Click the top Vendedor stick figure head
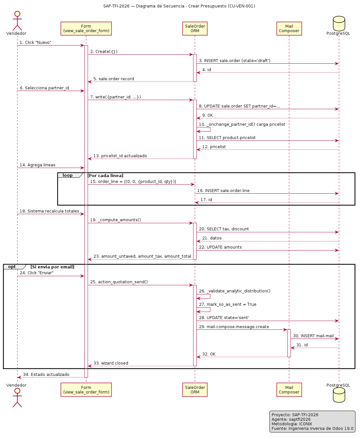point(17,14)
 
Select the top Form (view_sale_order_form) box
point(86,29)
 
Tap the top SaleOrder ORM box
point(195,29)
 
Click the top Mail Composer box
point(289,29)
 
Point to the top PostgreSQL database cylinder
point(339,23)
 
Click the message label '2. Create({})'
point(104,51)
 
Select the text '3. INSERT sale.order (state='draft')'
point(234,61)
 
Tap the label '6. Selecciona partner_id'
point(44,88)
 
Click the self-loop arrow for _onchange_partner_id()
point(210,129)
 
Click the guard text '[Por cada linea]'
point(105,175)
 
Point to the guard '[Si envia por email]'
point(52,267)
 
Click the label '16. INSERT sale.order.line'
point(223,191)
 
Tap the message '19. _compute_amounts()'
point(116,220)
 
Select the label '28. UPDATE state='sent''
point(224,318)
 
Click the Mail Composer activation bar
point(289,343)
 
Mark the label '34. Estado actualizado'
point(46,374)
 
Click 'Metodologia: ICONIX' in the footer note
point(292,424)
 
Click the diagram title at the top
point(179,6)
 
